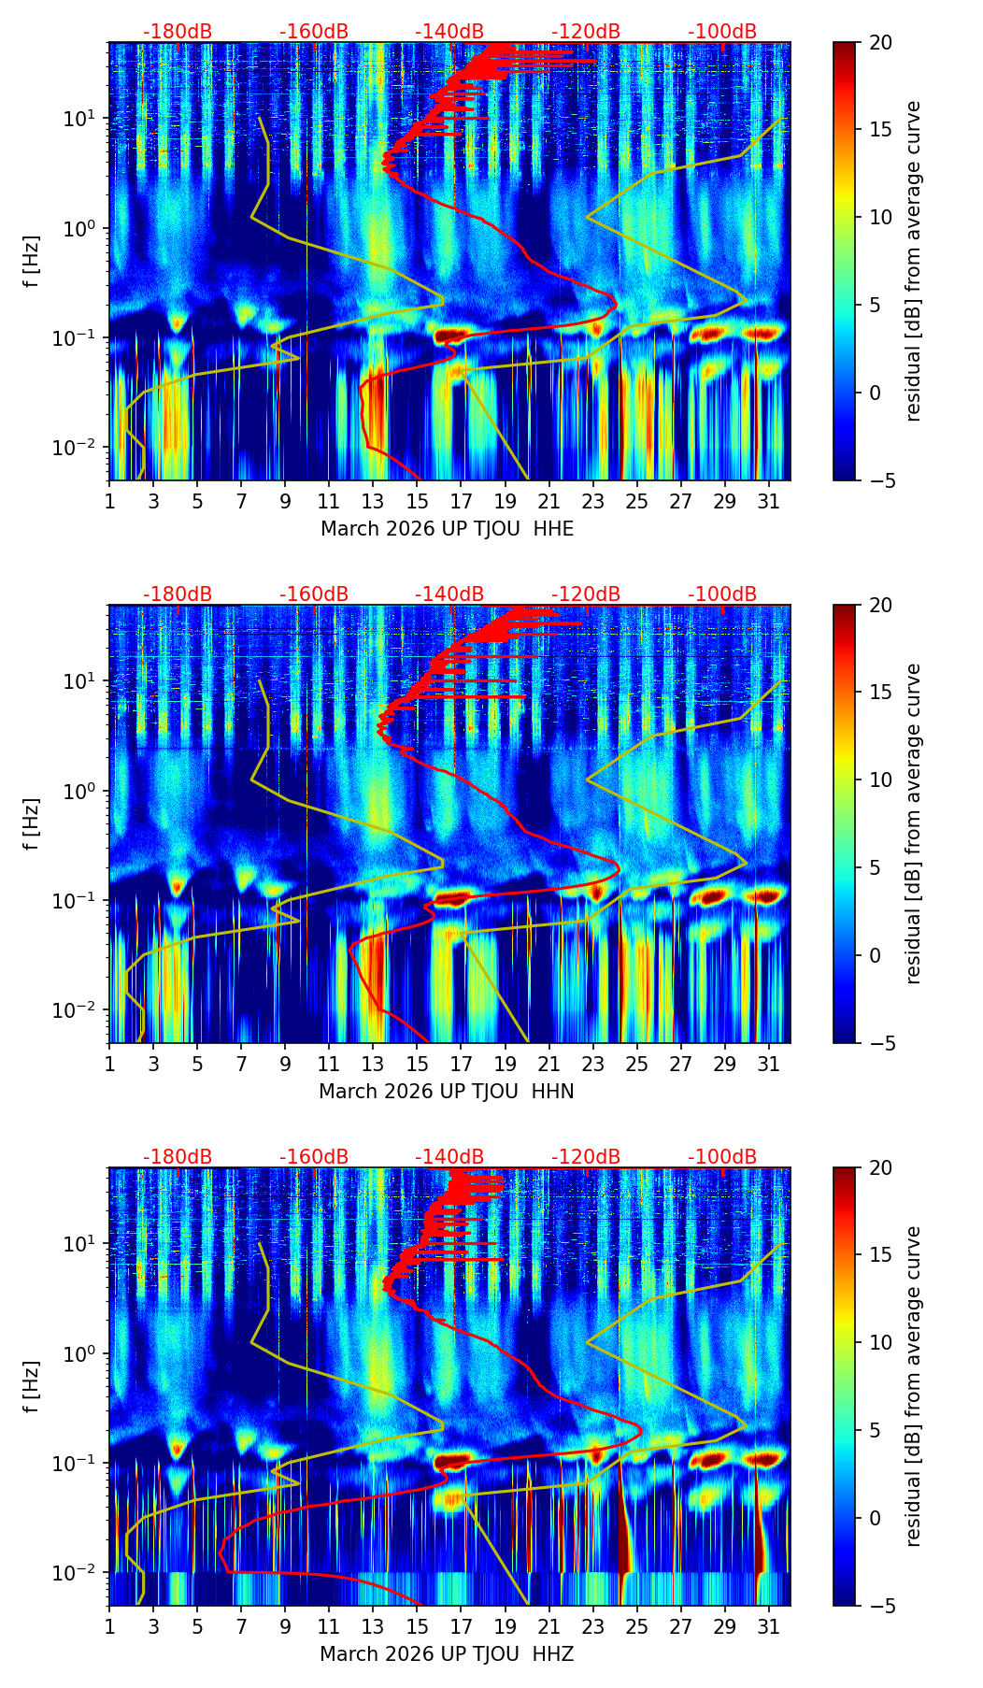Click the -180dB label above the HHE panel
pyautogui.click(x=178, y=32)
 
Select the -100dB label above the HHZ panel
pyautogui.click(x=722, y=1157)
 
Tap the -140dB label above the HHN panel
pyautogui.click(x=449, y=594)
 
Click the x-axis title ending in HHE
pyautogui.click(x=447, y=529)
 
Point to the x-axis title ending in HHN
pyautogui.click(x=446, y=1092)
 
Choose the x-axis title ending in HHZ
pyautogui.click(x=446, y=1654)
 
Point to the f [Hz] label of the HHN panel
pyautogui.click(x=32, y=823)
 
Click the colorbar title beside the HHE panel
pyautogui.click(x=913, y=261)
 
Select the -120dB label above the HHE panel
pyautogui.click(x=586, y=32)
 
